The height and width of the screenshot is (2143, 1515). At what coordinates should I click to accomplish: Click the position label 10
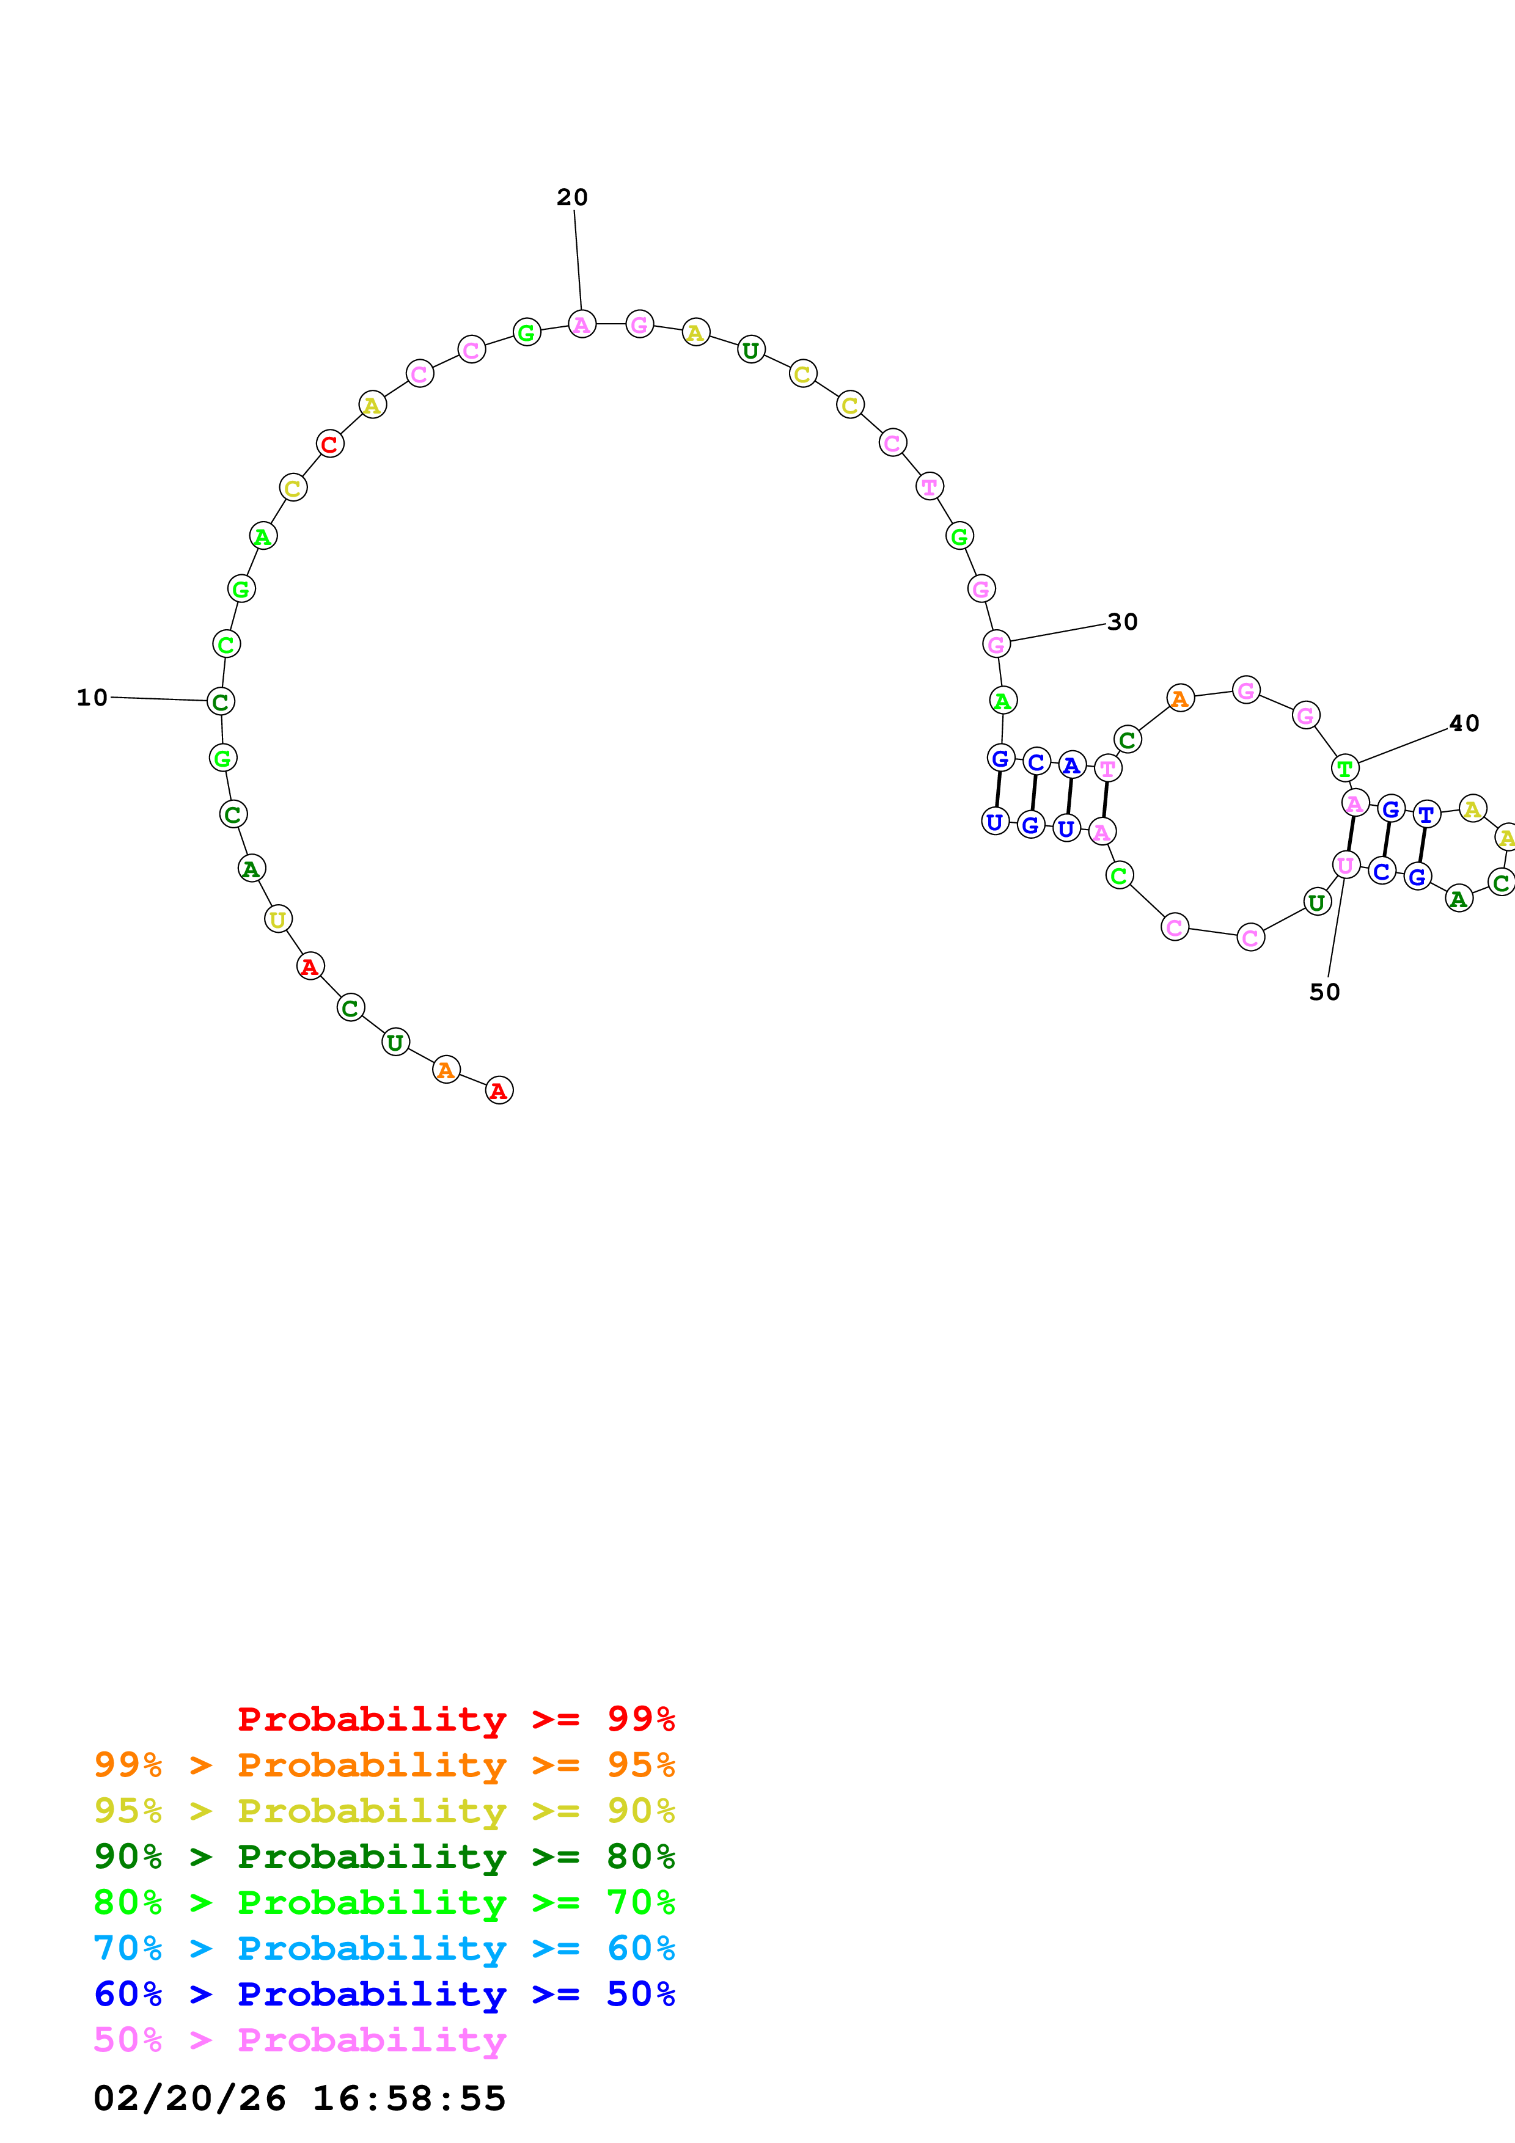(92, 697)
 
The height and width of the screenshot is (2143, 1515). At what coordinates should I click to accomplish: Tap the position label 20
(572, 197)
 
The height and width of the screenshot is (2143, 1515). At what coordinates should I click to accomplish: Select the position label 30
(1122, 622)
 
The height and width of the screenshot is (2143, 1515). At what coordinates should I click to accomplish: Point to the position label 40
(1464, 723)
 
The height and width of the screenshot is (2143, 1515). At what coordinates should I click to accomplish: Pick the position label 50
(1324, 992)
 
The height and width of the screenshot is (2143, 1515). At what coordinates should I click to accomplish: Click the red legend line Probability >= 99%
(455, 1719)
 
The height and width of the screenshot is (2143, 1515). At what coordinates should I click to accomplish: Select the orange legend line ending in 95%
(384, 1765)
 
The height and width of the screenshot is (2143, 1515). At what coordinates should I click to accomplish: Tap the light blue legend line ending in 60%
(384, 1948)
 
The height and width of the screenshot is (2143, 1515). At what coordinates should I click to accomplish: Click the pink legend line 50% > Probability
(299, 2039)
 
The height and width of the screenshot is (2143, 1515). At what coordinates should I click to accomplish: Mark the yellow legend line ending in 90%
(384, 1811)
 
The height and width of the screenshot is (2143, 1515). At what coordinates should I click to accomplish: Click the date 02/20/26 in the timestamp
(189, 2098)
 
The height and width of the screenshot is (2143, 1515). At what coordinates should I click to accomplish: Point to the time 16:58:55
(409, 2098)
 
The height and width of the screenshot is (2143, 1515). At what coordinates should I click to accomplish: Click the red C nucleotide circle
(329, 444)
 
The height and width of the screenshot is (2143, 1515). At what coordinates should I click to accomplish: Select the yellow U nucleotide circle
(278, 919)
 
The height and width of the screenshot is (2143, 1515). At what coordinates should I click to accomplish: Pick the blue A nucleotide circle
(1071, 765)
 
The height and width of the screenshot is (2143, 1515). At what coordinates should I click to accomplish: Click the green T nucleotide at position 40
(1344, 768)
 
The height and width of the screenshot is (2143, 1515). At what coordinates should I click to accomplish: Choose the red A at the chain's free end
(499, 1090)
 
